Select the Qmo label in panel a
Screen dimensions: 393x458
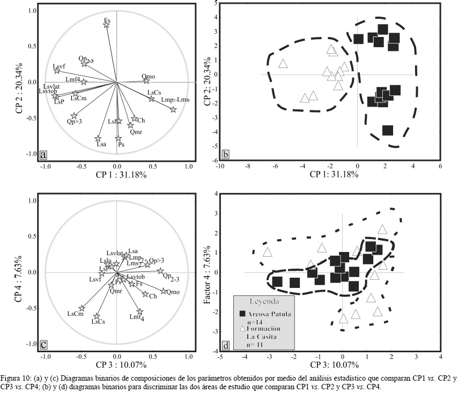click(149, 77)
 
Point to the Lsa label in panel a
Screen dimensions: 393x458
click(101, 144)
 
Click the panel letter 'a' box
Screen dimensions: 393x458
click(43, 155)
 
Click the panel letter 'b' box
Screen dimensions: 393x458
click(226, 155)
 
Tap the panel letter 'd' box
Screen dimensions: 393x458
click(226, 346)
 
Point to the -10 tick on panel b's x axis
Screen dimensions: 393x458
click(220, 166)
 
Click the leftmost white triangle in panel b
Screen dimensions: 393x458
click(283, 64)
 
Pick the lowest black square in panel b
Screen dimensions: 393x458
click(388, 130)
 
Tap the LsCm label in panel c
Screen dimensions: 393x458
click(75, 314)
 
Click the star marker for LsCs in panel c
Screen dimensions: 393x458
click(97, 317)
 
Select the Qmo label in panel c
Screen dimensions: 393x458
click(173, 292)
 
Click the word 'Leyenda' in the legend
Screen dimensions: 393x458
click(264, 301)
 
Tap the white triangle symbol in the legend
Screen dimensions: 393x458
click(242, 328)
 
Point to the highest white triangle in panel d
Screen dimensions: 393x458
click(382, 229)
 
